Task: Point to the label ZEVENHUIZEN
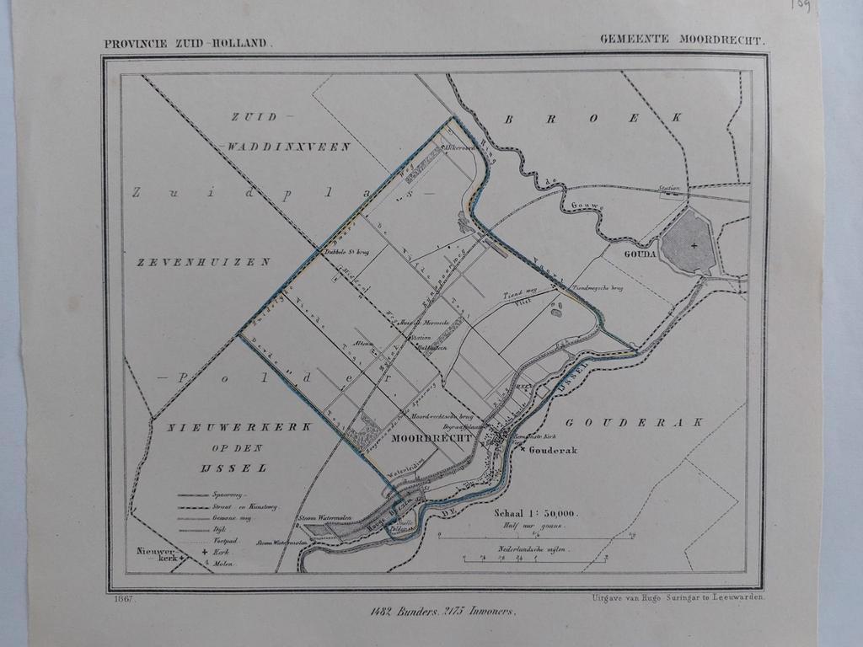[x=203, y=262]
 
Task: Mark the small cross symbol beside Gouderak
[x=523, y=450]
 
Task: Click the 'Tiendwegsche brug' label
[x=598, y=288]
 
